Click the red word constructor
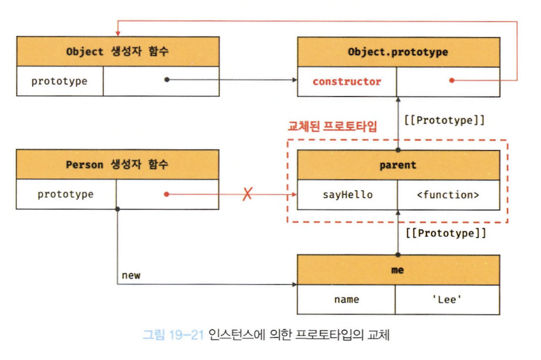(347, 82)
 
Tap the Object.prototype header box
(398, 52)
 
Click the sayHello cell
(347, 195)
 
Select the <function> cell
(448, 195)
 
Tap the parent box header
(398, 165)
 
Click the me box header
(398, 269)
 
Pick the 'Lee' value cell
(447, 299)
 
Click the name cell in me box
(346, 299)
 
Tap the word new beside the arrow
(131, 275)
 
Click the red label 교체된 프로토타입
(332, 128)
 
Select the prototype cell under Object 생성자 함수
(59, 82)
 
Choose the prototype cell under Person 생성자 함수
(65, 194)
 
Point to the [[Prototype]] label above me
(445, 234)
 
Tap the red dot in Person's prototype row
(167, 194)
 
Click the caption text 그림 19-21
(172, 335)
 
